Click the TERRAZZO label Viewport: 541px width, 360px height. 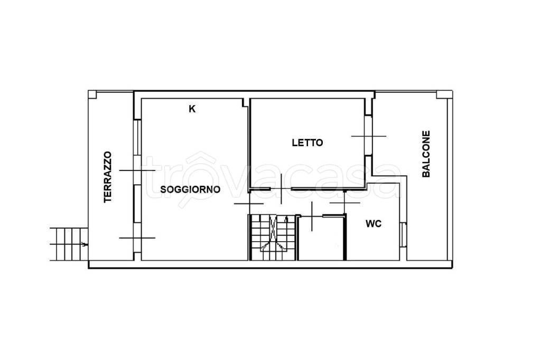[108, 177]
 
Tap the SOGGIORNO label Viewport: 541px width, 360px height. [190, 190]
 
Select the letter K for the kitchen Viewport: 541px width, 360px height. [192, 109]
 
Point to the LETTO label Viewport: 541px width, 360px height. [307, 143]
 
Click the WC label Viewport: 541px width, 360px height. [374, 224]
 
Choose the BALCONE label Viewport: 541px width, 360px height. [426, 154]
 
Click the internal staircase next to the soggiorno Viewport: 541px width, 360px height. [272, 237]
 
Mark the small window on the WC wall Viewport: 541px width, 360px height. [403, 234]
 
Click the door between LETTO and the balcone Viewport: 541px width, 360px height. [368, 136]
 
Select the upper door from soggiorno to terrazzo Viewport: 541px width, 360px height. [137, 170]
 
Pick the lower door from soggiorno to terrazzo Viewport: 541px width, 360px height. [137, 238]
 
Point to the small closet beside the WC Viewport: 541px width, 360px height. [322, 238]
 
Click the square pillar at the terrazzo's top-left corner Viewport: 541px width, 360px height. [92, 94]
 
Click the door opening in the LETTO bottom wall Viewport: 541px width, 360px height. [281, 189]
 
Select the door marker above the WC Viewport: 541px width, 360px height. [344, 203]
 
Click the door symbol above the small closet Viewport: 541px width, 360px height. [312, 216]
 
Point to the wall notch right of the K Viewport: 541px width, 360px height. [245, 103]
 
